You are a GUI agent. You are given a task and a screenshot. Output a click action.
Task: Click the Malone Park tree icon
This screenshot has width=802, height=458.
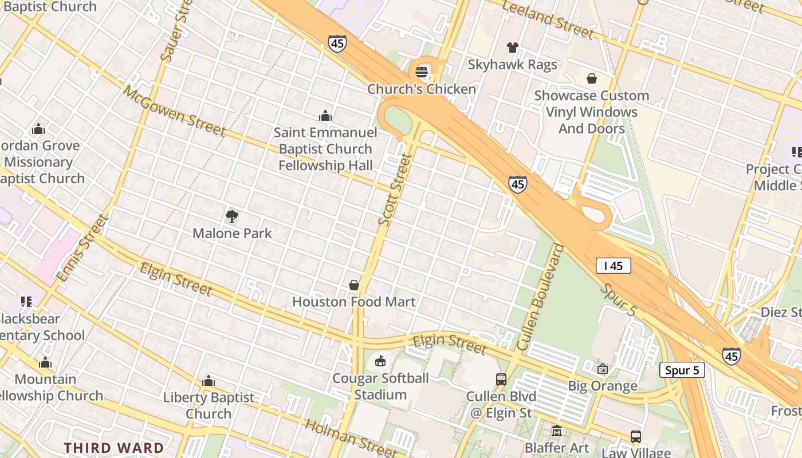pyautogui.click(x=232, y=216)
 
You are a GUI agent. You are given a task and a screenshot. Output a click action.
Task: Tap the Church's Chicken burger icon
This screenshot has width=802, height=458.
pyautogui.click(x=422, y=72)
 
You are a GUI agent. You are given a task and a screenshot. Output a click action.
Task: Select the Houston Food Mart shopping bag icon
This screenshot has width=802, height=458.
pyautogui.click(x=354, y=285)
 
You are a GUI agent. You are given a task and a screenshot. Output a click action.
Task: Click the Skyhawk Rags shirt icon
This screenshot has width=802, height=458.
pyautogui.click(x=512, y=48)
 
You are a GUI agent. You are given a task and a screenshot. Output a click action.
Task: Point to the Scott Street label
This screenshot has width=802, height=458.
pyautogui.click(x=395, y=189)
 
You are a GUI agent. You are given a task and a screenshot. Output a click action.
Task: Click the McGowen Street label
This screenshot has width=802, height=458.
pyautogui.click(x=174, y=111)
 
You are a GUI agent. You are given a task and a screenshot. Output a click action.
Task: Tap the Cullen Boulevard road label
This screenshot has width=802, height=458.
pyautogui.click(x=540, y=298)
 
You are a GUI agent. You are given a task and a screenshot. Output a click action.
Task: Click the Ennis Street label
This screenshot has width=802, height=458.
pyautogui.click(x=82, y=248)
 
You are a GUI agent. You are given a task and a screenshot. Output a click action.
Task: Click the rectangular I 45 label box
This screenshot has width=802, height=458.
pyautogui.click(x=613, y=266)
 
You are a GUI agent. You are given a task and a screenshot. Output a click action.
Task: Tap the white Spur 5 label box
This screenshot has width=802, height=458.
pyautogui.click(x=682, y=370)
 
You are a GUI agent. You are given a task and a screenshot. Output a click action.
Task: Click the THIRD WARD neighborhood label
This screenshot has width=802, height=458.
pyautogui.click(x=113, y=448)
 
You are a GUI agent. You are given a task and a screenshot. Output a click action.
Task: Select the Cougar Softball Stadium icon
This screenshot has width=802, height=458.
pyautogui.click(x=380, y=361)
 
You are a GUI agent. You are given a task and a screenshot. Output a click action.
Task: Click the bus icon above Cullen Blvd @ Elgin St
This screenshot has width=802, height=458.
pyautogui.click(x=501, y=379)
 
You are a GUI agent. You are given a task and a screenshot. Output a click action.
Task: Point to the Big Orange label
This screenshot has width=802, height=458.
pyautogui.click(x=603, y=386)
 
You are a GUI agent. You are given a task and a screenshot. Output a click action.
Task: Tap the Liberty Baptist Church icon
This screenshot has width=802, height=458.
pyautogui.click(x=209, y=381)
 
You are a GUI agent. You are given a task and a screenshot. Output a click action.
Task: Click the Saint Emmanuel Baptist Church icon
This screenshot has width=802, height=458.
pyautogui.click(x=325, y=116)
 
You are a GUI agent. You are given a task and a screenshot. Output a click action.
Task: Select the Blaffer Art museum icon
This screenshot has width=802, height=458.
pyautogui.click(x=556, y=431)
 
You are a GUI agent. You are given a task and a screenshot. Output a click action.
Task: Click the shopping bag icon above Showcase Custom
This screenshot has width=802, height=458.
pyautogui.click(x=591, y=78)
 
